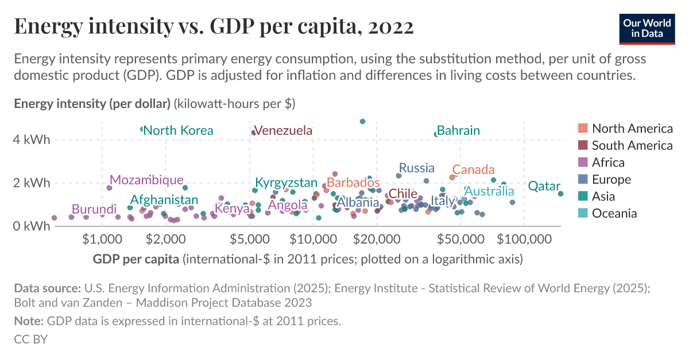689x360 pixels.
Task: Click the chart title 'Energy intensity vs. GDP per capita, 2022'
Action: coord(214,27)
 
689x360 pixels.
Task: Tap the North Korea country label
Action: coord(178,130)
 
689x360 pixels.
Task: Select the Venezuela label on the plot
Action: coord(283,130)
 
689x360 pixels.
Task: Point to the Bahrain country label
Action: coord(458,130)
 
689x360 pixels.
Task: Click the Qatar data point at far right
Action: coord(560,193)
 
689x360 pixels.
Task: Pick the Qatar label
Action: coord(544,186)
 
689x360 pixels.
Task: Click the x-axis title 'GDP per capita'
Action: coord(136,259)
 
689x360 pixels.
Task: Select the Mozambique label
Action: coord(146,180)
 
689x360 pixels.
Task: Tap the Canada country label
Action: coord(473,169)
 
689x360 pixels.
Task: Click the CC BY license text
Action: coord(30,339)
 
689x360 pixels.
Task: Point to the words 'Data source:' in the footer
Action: coord(47,288)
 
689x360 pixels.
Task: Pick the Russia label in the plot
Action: coord(416,168)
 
